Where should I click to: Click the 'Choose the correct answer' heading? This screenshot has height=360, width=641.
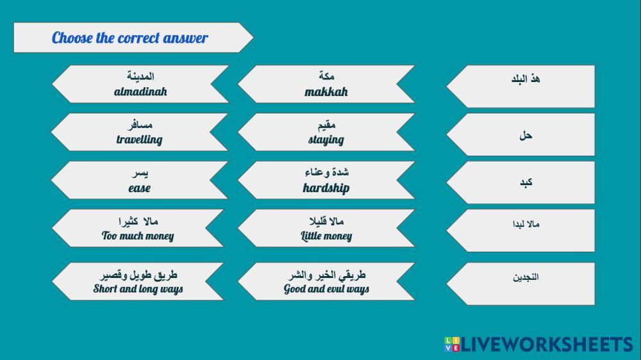[129, 38]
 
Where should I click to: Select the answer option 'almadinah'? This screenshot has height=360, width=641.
[140, 84]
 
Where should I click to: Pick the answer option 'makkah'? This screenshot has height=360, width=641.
[326, 84]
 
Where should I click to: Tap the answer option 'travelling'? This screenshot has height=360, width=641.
[139, 132]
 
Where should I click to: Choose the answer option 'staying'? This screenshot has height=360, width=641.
[326, 132]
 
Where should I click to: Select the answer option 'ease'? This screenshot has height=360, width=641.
[139, 180]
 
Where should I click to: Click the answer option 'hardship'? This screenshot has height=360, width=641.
[326, 180]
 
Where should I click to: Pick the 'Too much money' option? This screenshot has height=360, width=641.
[138, 228]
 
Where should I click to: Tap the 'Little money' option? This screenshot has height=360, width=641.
[326, 228]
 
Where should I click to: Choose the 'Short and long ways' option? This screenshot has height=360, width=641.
[138, 282]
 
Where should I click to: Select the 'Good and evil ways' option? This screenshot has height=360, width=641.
[326, 282]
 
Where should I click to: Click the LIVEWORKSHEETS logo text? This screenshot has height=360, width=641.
[547, 345]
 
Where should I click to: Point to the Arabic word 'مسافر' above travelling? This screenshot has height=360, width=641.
[140, 124]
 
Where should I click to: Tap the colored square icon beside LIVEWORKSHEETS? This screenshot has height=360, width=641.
[452, 345]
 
